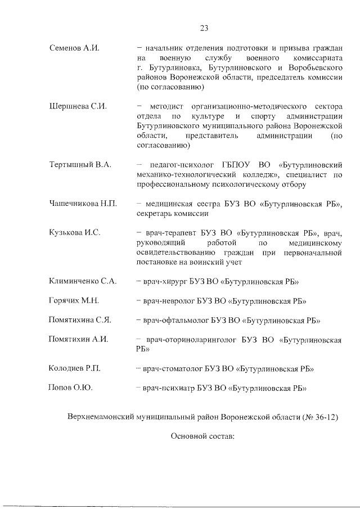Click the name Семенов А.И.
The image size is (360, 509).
[x=74, y=48]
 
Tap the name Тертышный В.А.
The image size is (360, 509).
[x=80, y=164]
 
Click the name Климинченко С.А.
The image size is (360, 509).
[x=83, y=281]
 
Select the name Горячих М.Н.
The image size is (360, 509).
[x=74, y=301]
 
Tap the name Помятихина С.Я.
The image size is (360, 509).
[x=80, y=320]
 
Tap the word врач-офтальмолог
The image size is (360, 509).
[x=177, y=320]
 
